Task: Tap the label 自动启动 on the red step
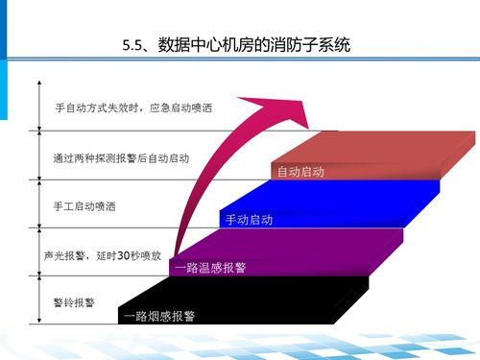click(300, 172)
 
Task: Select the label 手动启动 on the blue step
click(249, 220)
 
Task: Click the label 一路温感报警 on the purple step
click(210, 267)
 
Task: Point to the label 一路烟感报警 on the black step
click(160, 315)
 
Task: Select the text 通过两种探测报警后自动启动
click(121, 156)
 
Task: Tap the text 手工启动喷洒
click(90, 206)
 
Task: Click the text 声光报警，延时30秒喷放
click(102, 256)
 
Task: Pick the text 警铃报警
click(74, 302)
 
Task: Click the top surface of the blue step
click(336, 194)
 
